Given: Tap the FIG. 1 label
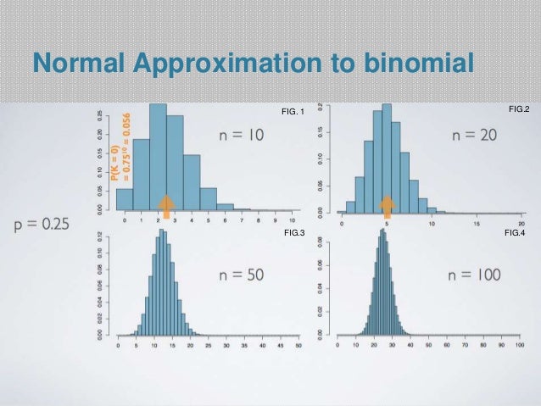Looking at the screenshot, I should [x=292, y=112].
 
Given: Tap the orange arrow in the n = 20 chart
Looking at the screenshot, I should [x=388, y=205].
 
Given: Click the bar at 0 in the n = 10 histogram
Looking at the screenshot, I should [x=125, y=198].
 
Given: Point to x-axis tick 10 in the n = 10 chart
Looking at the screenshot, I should [x=293, y=219].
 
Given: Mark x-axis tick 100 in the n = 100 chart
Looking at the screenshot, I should [x=520, y=346].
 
